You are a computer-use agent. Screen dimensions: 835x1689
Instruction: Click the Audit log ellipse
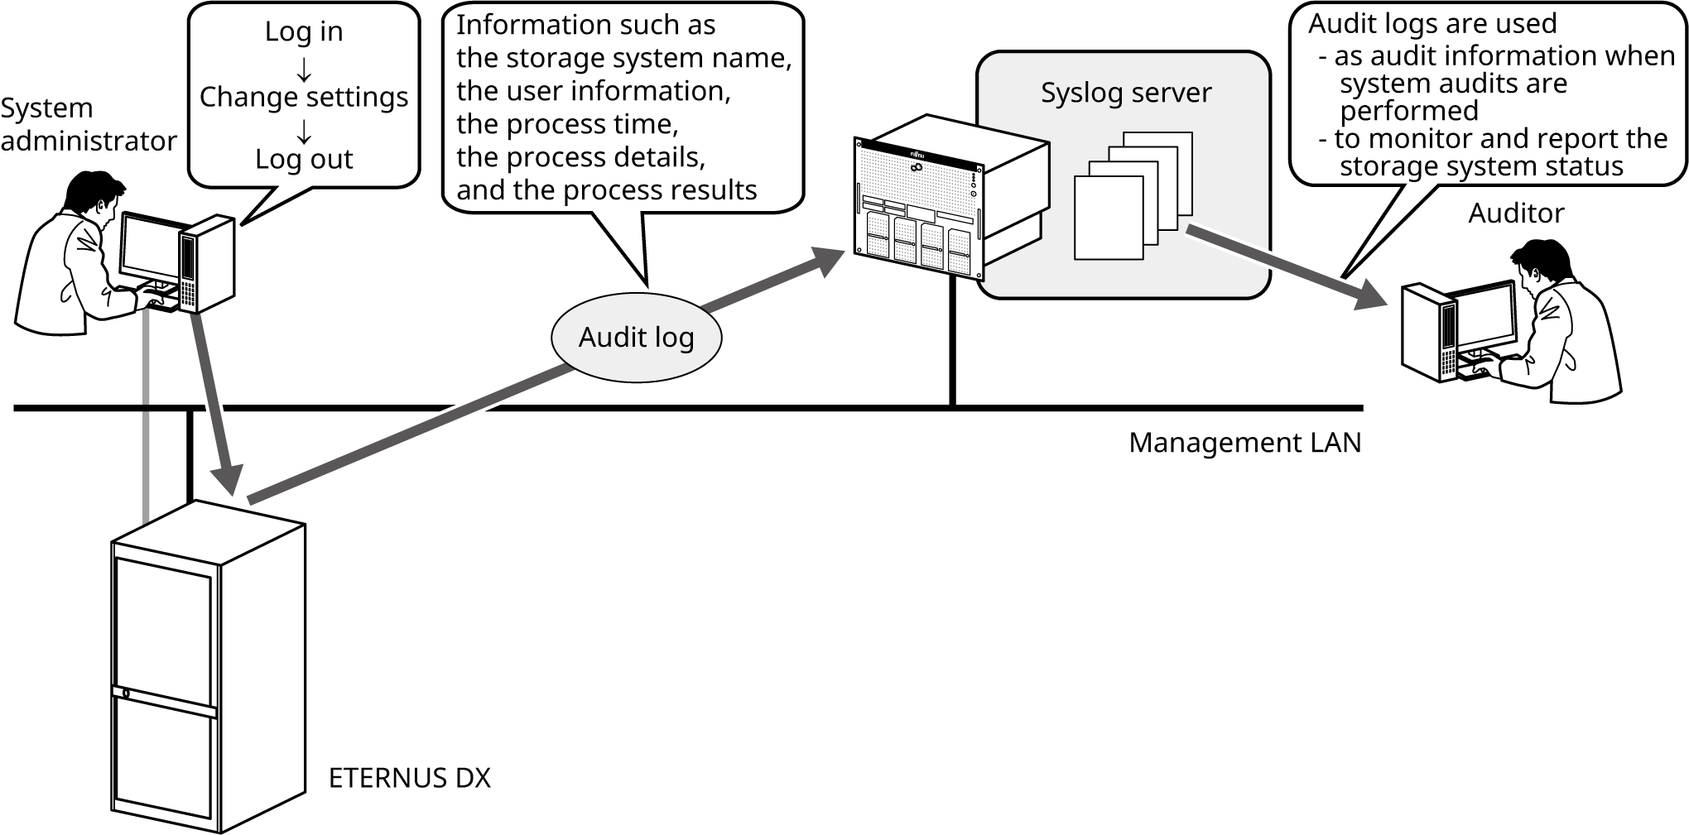pos(636,338)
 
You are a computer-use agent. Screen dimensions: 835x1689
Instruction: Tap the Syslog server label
pos(1125,93)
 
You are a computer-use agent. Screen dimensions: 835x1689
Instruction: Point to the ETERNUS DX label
pos(409,779)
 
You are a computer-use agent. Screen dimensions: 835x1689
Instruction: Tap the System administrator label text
pos(87,125)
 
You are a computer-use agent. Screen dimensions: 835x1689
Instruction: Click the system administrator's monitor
pos(150,247)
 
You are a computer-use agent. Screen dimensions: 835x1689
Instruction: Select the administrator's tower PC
pos(206,264)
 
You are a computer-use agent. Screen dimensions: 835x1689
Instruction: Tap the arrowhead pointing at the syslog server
pos(830,261)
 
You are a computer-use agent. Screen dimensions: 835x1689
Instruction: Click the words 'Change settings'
pos(304,98)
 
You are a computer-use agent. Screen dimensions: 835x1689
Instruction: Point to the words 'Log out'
pos(304,159)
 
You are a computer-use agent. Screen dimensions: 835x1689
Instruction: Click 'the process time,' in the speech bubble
pos(568,124)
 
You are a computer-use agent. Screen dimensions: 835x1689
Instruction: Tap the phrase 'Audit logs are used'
pos(1432,23)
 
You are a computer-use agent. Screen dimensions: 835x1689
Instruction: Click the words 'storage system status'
pos(1481,166)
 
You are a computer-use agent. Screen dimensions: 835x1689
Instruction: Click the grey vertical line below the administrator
pos(146,414)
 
